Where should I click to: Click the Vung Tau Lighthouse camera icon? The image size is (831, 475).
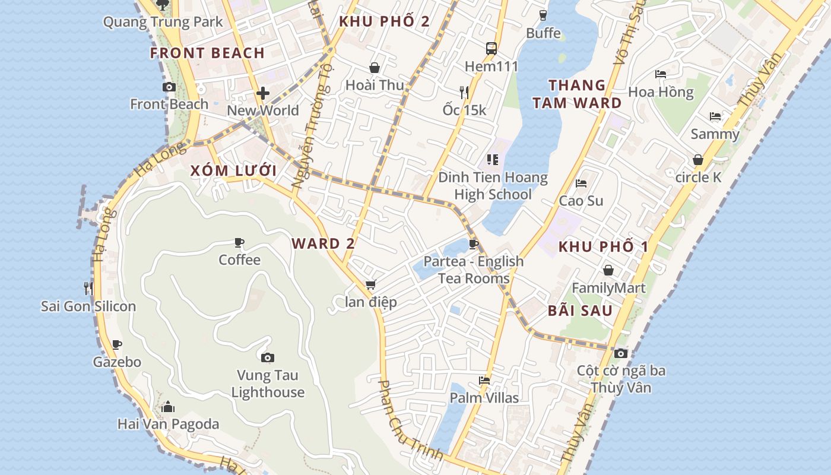[x=268, y=357]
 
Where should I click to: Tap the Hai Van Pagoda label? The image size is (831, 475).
[x=168, y=424]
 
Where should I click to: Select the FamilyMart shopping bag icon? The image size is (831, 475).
[x=608, y=271]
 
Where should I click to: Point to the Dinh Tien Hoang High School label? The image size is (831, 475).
[x=493, y=185]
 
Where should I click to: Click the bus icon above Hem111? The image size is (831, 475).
[x=491, y=49]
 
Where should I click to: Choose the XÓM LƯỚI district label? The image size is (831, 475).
[x=233, y=171]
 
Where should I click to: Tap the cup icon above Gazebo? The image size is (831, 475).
[x=117, y=344]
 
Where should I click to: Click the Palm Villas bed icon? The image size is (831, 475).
[x=484, y=381]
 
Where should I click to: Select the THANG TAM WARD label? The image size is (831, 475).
[x=576, y=94]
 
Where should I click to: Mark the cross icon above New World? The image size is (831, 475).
[x=263, y=93]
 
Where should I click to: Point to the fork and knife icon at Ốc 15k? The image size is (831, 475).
[x=464, y=92]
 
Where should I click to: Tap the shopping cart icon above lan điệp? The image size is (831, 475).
[x=371, y=285]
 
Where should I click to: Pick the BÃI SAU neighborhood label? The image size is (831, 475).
[x=580, y=310]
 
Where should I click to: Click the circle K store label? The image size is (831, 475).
[x=698, y=177]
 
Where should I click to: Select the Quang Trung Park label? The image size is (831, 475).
[x=163, y=22]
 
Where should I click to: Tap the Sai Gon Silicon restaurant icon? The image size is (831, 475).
[x=88, y=289]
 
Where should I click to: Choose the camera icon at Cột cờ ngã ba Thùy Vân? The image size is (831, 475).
[x=621, y=353]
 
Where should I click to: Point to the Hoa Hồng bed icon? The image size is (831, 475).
[x=661, y=74]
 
